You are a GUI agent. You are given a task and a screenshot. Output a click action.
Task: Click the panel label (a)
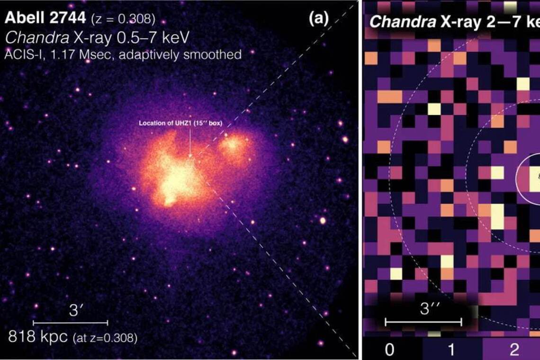click(x=318, y=19)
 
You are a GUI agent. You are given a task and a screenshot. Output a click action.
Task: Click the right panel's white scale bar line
click(x=423, y=322)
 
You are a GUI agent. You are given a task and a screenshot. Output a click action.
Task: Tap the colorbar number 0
click(x=389, y=350)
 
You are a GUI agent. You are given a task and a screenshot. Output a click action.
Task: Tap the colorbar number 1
click(x=451, y=350)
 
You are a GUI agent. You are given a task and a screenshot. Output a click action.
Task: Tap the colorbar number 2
click(x=514, y=350)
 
